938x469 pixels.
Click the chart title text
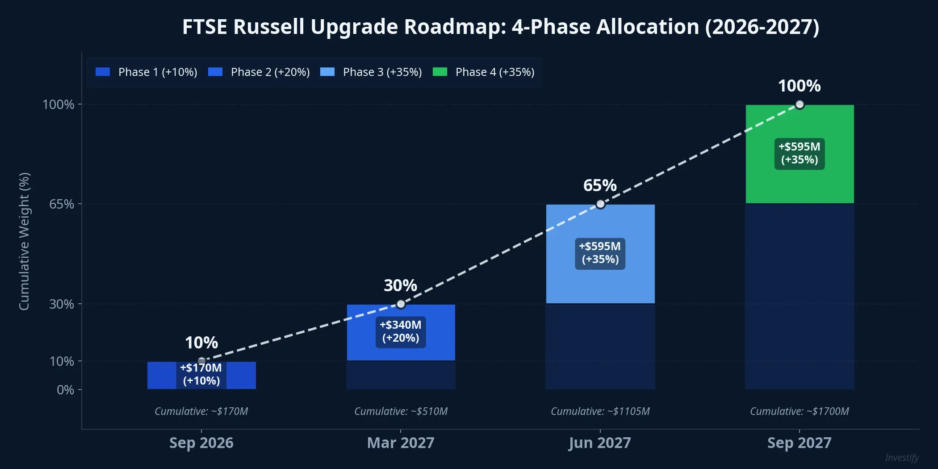(x=500, y=27)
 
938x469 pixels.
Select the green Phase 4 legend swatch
(x=440, y=72)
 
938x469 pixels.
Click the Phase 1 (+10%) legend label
(x=158, y=72)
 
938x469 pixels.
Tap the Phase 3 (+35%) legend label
(x=382, y=72)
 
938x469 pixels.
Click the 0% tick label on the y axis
(x=65, y=390)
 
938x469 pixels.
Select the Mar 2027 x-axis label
(x=401, y=443)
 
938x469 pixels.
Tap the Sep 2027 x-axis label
(x=799, y=443)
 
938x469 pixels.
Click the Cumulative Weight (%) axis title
(x=24, y=241)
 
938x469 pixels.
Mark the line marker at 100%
(x=800, y=105)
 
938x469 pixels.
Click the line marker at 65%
(x=600, y=204)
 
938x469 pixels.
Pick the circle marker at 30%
(x=401, y=304)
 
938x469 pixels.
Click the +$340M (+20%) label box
(x=401, y=331)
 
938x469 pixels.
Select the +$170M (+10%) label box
(x=201, y=374)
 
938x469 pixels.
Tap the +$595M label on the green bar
(x=799, y=153)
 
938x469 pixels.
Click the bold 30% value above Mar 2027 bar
(x=400, y=285)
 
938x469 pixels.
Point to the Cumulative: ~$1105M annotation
(x=600, y=411)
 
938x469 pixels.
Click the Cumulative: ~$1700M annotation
(x=799, y=411)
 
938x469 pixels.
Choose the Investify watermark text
(x=901, y=458)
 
